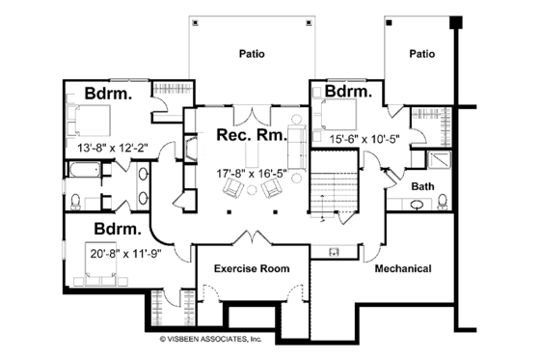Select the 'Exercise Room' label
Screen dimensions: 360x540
click(x=251, y=268)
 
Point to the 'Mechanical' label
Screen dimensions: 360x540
click(x=402, y=268)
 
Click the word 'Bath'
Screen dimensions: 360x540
click(x=422, y=185)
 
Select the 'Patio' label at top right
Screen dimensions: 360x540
click(x=421, y=54)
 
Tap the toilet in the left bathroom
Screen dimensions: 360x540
click(x=75, y=201)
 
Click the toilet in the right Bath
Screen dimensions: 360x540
click(x=441, y=202)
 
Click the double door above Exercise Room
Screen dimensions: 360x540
click(x=252, y=239)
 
